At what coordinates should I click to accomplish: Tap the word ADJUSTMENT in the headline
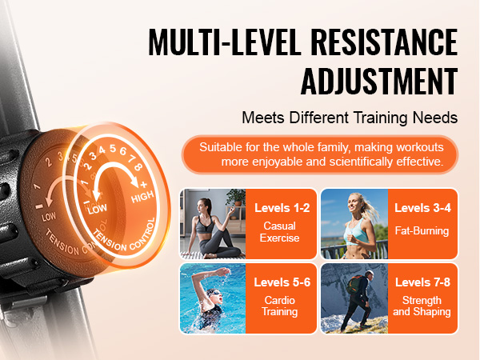[x=379, y=81]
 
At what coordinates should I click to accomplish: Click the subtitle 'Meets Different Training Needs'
[x=350, y=118]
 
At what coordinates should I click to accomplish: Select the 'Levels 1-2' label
[x=282, y=208]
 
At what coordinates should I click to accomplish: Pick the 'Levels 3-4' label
[x=422, y=208]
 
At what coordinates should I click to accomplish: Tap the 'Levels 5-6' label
[x=282, y=282]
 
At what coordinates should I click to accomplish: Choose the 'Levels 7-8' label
[x=422, y=282]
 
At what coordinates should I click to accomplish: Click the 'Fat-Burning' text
[x=422, y=230]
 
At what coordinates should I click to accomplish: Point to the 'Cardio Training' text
[x=279, y=306]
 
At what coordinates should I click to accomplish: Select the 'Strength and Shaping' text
[x=422, y=306]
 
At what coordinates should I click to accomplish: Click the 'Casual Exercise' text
[x=279, y=232]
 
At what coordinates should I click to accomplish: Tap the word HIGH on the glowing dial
[x=142, y=197]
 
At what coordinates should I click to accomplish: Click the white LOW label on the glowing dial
[x=97, y=209]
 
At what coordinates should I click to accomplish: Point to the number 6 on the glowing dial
[x=123, y=151]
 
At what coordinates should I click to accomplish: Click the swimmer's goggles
[x=215, y=294]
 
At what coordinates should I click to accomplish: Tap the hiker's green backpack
[x=354, y=284]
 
